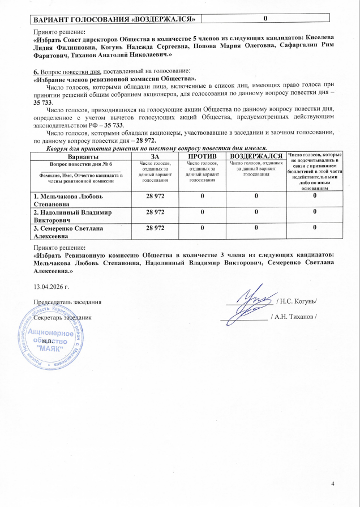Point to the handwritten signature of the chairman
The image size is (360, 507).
253,300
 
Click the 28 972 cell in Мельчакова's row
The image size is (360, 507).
155,195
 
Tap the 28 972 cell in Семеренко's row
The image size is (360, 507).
155,228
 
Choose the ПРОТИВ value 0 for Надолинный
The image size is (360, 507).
201,212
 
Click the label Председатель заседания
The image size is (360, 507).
68,301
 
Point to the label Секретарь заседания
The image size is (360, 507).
63,317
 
